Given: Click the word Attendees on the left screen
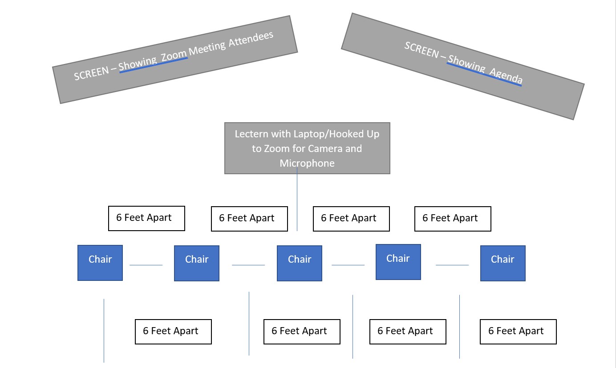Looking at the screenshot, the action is (x=251, y=39).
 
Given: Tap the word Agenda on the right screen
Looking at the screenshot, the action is (x=506, y=76).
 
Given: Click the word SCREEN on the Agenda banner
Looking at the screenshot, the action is (x=421, y=49).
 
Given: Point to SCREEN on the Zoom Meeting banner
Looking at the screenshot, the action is (x=92, y=73).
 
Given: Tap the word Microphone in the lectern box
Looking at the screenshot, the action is (x=307, y=163).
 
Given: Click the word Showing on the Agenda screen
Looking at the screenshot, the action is (x=466, y=63).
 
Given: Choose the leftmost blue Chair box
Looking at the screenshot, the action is (x=100, y=263).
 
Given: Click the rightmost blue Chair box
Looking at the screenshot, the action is (x=503, y=263).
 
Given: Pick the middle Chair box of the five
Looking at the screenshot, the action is (x=300, y=263).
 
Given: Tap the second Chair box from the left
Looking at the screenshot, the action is (x=197, y=263).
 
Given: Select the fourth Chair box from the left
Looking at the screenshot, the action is (x=398, y=262).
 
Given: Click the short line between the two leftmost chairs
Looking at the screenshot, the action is (x=146, y=265).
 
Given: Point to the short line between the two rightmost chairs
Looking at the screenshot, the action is (x=452, y=265).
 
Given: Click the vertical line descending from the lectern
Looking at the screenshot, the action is (x=297, y=199).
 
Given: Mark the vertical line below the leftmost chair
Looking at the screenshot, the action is (x=104, y=331).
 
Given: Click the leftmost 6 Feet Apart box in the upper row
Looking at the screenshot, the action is (x=146, y=218).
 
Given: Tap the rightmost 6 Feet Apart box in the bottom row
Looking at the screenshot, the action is (x=518, y=332).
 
